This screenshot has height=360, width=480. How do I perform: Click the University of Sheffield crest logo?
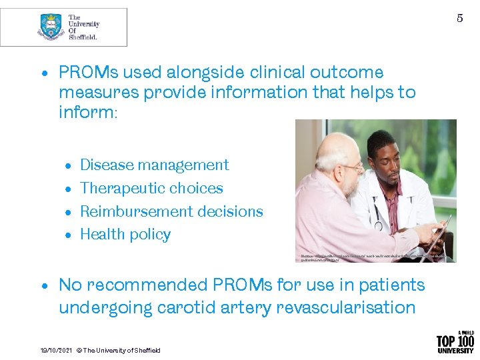[50, 27]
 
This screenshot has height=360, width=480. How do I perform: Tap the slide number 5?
[459, 18]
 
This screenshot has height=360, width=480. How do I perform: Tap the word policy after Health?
[152, 235]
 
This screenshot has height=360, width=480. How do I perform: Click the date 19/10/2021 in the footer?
[55, 350]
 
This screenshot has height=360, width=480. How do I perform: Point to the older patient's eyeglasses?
[353, 167]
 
